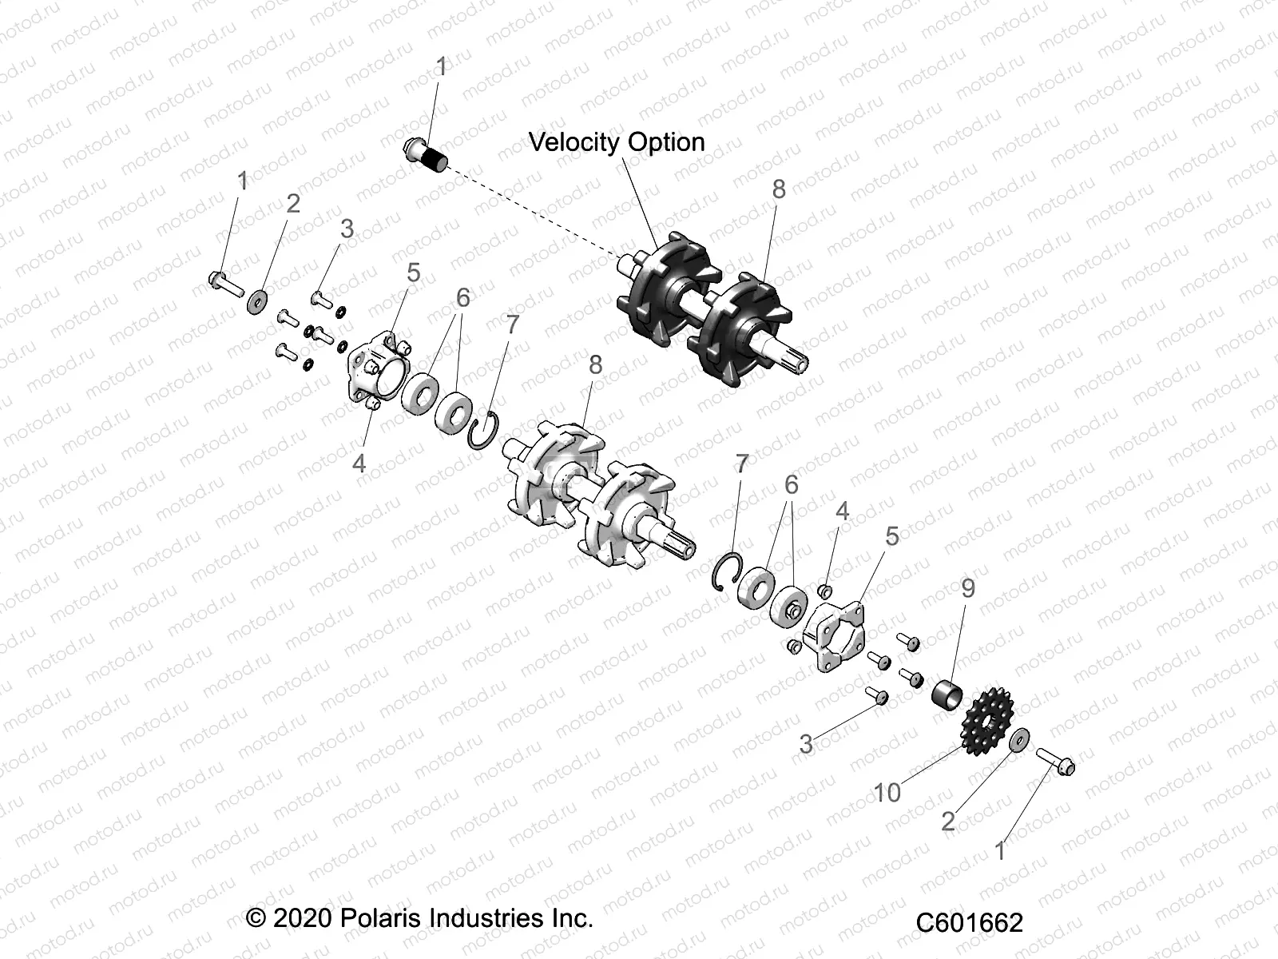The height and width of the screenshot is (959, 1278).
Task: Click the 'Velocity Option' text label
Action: pos(617,142)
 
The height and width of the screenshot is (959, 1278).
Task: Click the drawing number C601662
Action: pos(968,922)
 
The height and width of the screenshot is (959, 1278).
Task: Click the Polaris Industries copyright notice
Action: pos(420,917)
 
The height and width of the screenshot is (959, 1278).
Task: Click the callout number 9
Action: pos(968,588)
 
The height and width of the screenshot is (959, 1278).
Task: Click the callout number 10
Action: pos(887,793)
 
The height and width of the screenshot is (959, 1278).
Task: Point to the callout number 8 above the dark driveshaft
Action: pos(779,189)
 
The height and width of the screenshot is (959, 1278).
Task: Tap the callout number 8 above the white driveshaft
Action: pos(595,364)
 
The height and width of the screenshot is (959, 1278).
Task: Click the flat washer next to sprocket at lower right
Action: pos(1018,740)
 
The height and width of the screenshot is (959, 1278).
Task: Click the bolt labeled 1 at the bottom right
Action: pos(1056,761)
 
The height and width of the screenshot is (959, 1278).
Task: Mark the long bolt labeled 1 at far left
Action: pos(227,283)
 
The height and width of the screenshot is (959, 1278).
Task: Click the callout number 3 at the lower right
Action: pos(807,744)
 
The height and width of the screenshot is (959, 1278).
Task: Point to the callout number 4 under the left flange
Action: pos(359,463)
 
